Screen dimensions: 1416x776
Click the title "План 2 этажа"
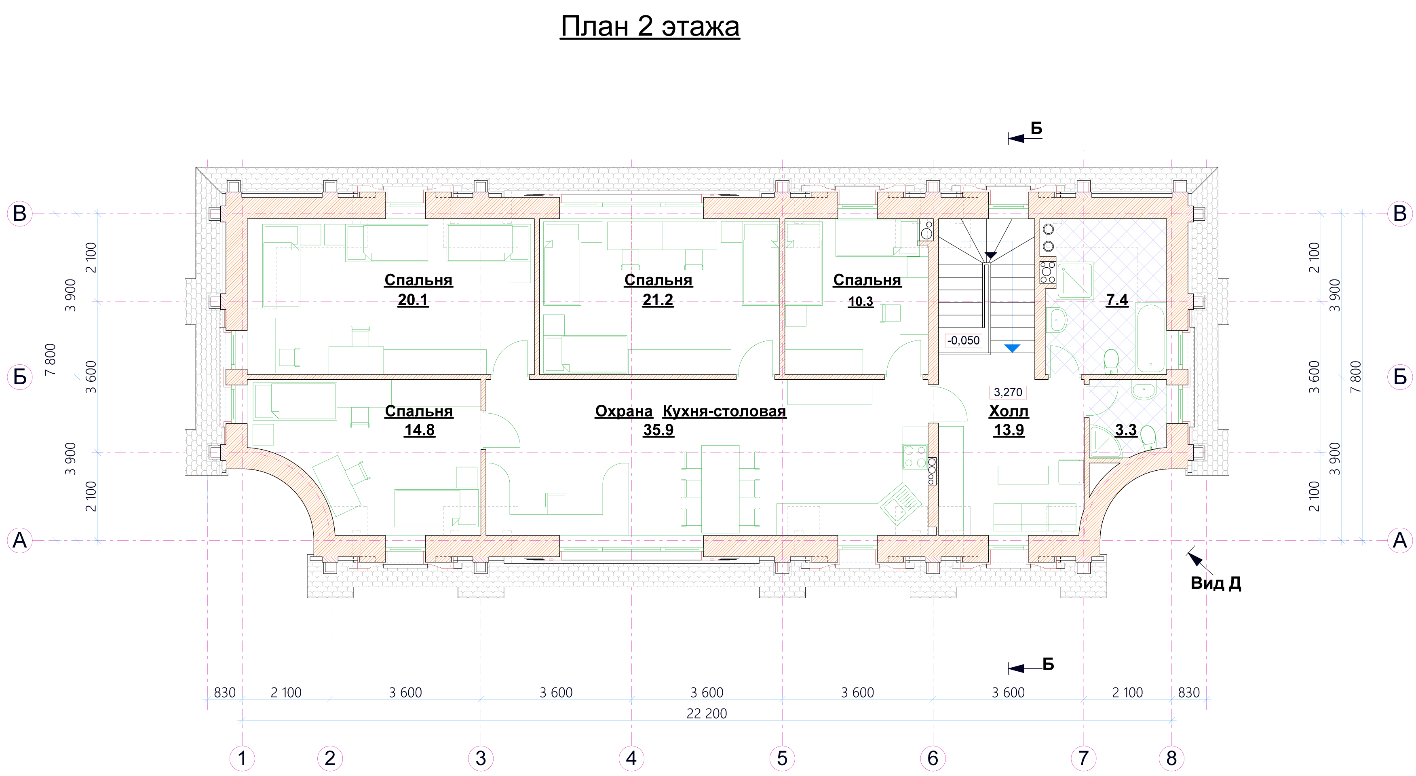pos(650,26)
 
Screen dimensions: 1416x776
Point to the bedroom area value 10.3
pos(861,301)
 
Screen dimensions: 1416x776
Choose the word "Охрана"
pos(624,411)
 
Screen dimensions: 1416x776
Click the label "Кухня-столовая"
pos(724,411)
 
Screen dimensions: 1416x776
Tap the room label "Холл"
pos(1009,411)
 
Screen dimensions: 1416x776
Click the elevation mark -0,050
pos(963,340)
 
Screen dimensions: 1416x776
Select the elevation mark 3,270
pos(1008,392)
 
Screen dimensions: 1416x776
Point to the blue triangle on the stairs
pos(1012,348)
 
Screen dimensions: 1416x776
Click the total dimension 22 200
pos(707,713)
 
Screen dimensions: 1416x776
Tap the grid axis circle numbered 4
pos(631,758)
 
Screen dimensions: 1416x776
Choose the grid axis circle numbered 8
pos(1171,758)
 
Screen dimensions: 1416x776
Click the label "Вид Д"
pos(1216,583)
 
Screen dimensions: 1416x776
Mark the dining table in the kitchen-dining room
pos(720,489)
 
